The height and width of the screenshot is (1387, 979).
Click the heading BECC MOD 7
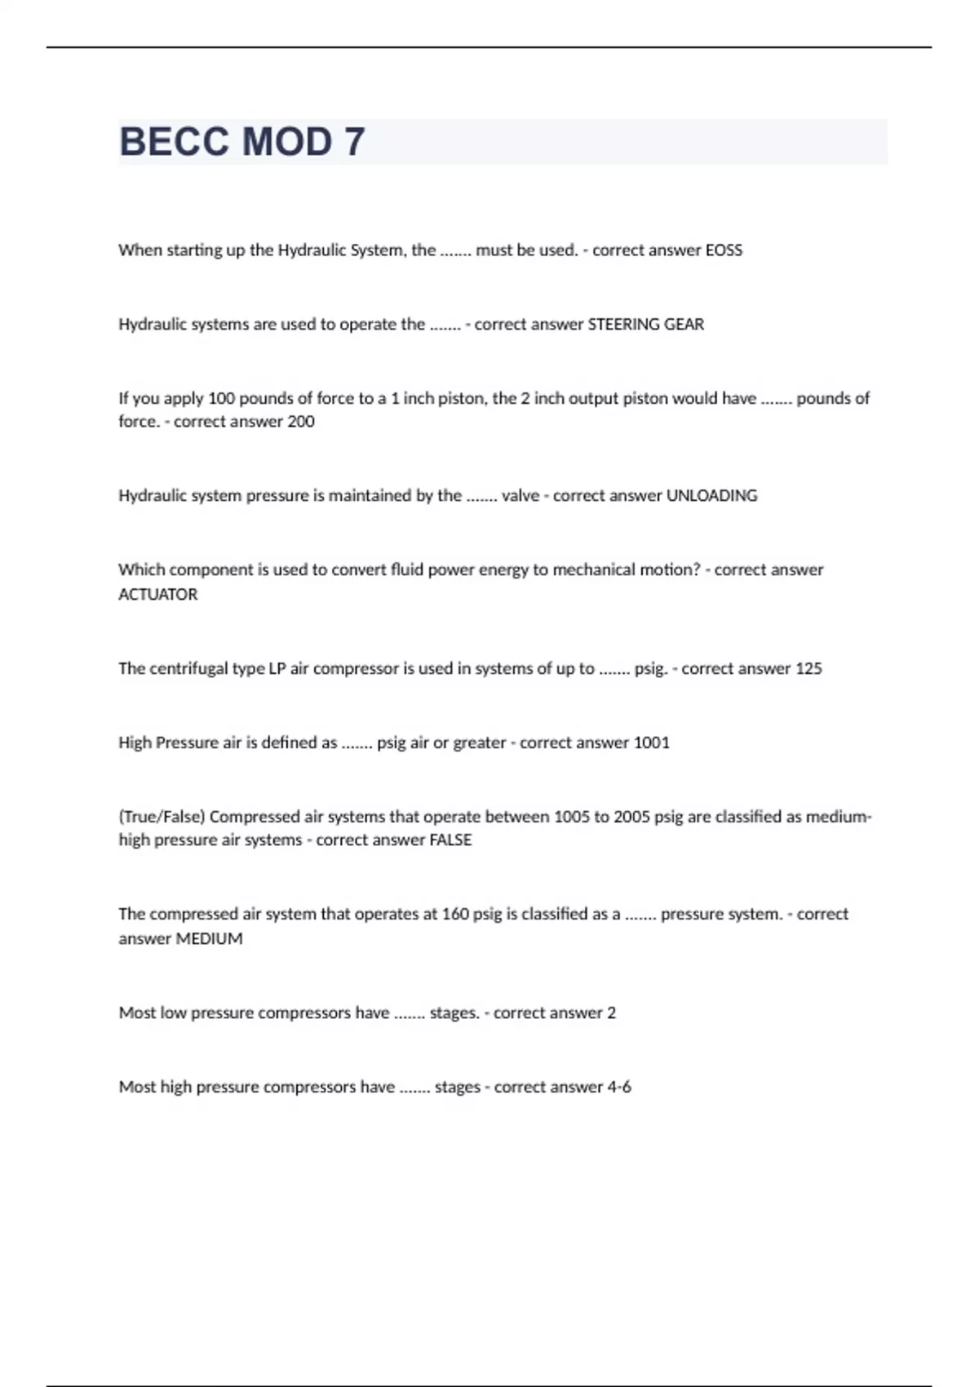pyautogui.click(x=241, y=142)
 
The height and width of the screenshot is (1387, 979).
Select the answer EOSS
pyautogui.click(x=724, y=250)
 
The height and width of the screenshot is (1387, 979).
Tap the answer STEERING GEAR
pyautogui.click(x=645, y=325)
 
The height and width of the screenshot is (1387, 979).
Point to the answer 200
pyautogui.click(x=301, y=422)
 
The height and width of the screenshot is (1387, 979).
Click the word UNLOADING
pyautogui.click(x=711, y=496)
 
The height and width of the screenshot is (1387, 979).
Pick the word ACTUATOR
pyautogui.click(x=158, y=595)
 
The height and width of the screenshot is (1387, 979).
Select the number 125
pyautogui.click(x=808, y=669)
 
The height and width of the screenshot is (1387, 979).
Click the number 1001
pyautogui.click(x=651, y=743)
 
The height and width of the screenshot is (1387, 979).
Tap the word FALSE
pyautogui.click(x=450, y=840)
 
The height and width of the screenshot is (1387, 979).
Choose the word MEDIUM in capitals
pyautogui.click(x=210, y=939)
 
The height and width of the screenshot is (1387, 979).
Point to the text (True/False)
pyautogui.click(x=162, y=818)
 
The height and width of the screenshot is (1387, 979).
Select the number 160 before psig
pyautogui.click(x=455, y=915)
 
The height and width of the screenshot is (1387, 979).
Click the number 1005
pyautogui.click(x=572, y=818)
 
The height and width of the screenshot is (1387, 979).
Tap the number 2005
pyautogui.click(x=631, y=818)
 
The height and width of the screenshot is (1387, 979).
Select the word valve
pyautogui.click(x=521, y=496)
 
